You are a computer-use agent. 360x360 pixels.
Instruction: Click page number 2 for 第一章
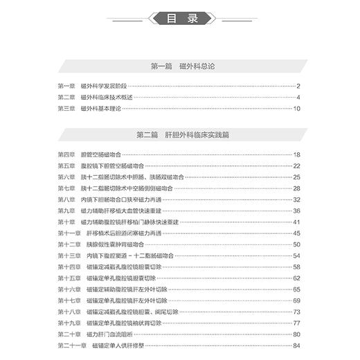pos(297,87)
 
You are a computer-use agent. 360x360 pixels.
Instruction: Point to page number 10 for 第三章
pos(296,109)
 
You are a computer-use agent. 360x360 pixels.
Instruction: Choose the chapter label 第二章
pos(66,98)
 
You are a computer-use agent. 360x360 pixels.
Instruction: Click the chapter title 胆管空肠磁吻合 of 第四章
pos(102,154)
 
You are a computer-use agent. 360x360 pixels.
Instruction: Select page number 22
pos(296,166)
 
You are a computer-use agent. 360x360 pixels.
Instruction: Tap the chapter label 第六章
pos(66,177)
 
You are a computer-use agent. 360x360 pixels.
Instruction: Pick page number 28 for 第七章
pos(296,188)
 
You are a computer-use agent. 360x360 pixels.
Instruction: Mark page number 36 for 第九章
pos(296,210)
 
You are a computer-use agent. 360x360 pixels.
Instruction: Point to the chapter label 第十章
pos(66,222)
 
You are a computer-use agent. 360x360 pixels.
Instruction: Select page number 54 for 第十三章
pos(296,255)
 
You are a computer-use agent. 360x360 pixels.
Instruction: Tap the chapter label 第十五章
pos(68,278)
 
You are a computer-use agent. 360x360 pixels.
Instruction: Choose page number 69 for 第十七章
pos(296,300)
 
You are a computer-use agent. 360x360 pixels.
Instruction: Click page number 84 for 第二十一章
pos(296,345)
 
